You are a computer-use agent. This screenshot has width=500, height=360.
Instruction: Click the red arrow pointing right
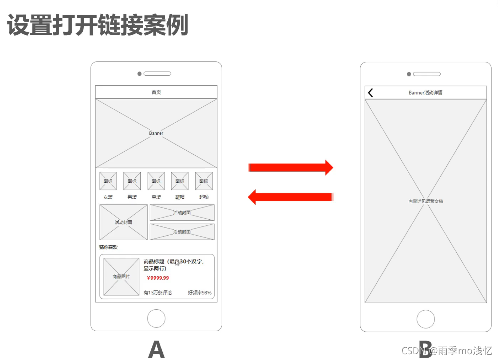pyautogui.click(x=290, y=168)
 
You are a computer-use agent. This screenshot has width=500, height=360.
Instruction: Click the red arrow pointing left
pyautogui.click(x=290, y=197)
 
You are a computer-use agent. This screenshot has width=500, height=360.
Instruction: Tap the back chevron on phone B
pyautogui.click(x=371, y=93)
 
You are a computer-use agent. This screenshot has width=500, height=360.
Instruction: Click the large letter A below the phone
pyautogui.click(x=156, y=349)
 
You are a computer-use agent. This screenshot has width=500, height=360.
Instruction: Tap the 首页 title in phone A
pyautogui.click(x=156, y=92)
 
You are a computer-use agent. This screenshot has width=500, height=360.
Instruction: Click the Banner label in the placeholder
pyautogui.click(x=156, y=133)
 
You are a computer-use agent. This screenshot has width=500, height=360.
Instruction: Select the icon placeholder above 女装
pyautogui.click(x=108, y=181)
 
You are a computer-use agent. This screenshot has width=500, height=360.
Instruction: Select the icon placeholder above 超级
pyautogui.click(x=204, y=181)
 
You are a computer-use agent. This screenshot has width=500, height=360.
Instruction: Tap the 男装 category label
pyautogui.click(x=132, y=197)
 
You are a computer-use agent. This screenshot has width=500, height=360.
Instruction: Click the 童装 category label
pyautogui.click(x=156, y=197)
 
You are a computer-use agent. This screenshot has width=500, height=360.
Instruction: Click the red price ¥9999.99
pyautogui.click(x=158, y=278)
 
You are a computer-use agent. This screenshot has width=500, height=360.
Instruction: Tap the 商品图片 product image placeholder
pyautogui.click(x=121, y=277)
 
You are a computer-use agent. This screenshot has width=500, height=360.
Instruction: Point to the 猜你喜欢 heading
pyautogui.click(x=108, y=247)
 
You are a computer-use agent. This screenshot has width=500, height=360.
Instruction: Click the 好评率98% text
pyautogui.click(x=200, y=293)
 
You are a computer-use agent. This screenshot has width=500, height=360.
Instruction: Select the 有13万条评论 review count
pyautogui.click(x=158, y=293)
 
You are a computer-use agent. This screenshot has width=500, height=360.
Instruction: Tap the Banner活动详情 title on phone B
pyautogui.click(x=425, y=93)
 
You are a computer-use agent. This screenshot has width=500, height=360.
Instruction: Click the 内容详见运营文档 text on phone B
pyautogui.click(x=426, y=201)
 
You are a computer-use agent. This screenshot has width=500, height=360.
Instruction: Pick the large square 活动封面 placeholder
pyautogui.click(x=123, y=222)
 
